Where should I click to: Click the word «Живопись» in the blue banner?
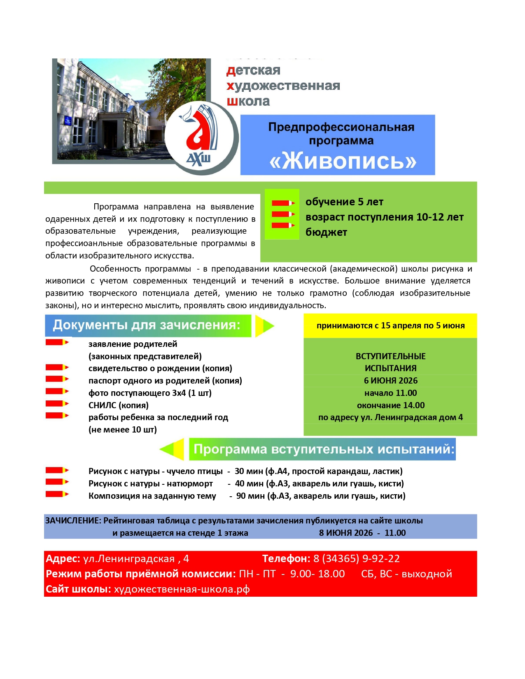343,161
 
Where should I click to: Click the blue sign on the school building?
67,121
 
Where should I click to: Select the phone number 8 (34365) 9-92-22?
356,558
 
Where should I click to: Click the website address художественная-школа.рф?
182,589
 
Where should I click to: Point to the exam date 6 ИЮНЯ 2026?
390,381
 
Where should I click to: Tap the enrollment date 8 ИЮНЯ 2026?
345,533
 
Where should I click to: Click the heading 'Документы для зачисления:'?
147,325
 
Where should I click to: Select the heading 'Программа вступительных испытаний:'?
324,449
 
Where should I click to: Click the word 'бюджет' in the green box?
326,233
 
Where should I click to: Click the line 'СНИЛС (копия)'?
119,405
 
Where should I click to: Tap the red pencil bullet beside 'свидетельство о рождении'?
57,367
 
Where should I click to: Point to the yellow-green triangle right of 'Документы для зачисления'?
264,326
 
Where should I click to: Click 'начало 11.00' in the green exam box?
390,393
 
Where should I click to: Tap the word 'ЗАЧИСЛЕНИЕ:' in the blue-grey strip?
73,521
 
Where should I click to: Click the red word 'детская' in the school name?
253,70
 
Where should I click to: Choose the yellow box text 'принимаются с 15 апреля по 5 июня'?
390,326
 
